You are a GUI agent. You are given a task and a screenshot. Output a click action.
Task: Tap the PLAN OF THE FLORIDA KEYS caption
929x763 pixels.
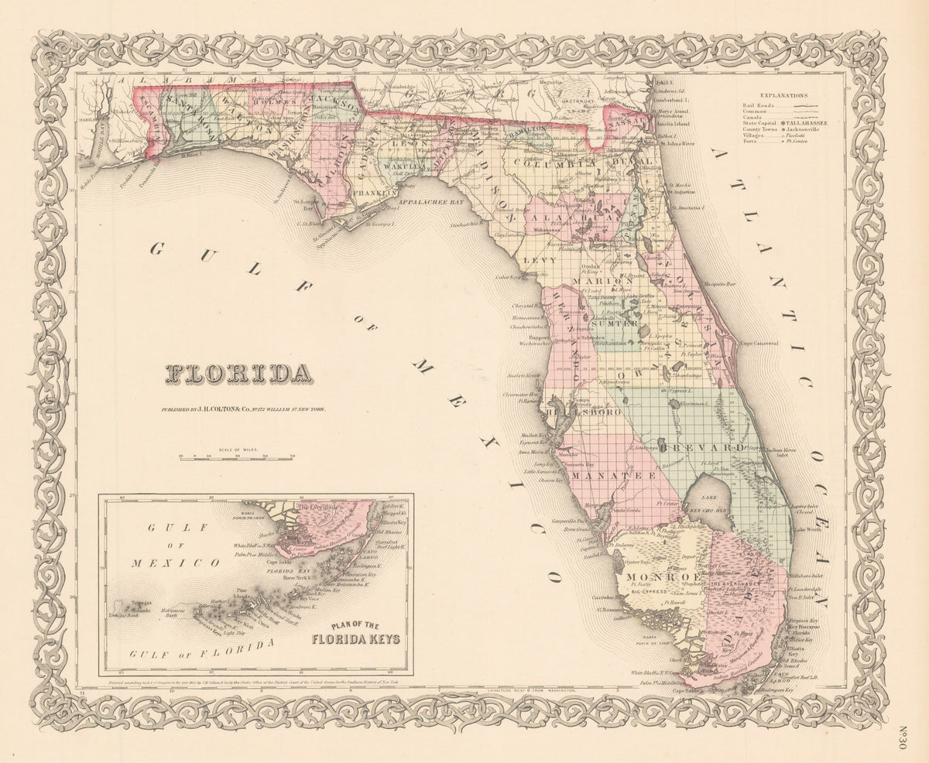coord(356,633)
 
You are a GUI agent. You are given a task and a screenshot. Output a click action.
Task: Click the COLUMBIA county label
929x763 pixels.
coord(551,164)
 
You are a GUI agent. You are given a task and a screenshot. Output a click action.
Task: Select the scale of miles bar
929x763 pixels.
coord(236,457)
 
